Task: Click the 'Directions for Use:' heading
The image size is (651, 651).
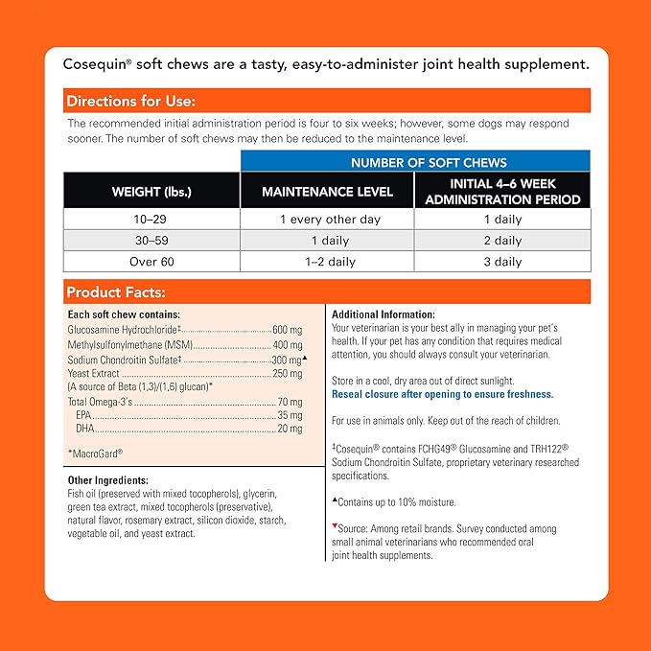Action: click(130, 101)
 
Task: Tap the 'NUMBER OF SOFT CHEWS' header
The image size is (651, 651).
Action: click(415, 162)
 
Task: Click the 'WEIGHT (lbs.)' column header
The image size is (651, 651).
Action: click(151, 192)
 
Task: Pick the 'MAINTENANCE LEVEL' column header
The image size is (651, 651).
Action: click(328, 192)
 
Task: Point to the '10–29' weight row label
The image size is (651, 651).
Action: click(151, 220)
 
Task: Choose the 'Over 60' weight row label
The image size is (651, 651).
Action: click(151, 261)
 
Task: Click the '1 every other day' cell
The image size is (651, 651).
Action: click(328, 220)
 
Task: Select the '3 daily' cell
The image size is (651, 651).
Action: click(502, 261)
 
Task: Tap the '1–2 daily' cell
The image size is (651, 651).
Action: click(328, 261)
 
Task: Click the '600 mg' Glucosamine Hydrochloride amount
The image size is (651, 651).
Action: click(287, 329)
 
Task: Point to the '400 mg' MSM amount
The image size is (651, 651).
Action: click(287, 344)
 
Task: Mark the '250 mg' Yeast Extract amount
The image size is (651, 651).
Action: click(287, 373)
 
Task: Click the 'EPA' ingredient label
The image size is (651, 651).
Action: click(83, 416)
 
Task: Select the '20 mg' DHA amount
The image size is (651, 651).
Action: click(290, 430)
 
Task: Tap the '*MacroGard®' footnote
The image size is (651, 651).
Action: click(95, 453)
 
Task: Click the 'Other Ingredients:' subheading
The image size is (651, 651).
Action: click(108, 480)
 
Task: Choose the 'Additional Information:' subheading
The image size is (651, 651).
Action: click(383, 314)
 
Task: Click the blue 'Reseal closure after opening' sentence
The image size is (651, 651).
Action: click(442, 394)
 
